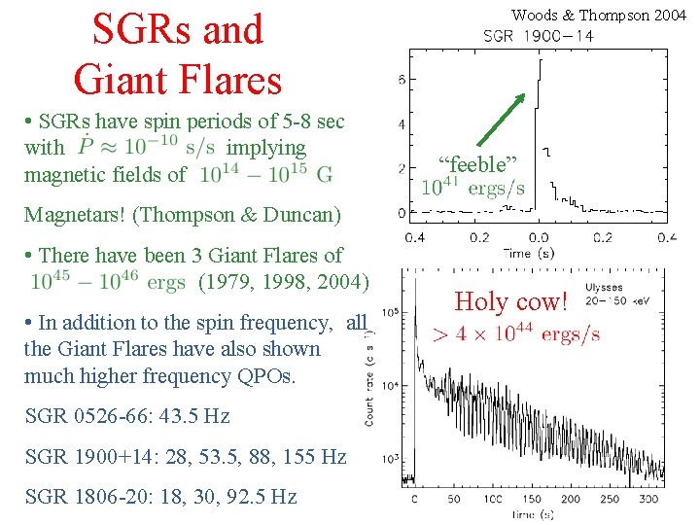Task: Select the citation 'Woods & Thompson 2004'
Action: coord(598,14)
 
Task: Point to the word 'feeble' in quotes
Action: coord(477,162)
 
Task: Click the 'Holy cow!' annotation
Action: coord(510,302)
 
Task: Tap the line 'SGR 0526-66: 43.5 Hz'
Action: coord(126,416)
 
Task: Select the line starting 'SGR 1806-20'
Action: coord(159,496)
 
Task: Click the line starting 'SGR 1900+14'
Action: coord(185,456)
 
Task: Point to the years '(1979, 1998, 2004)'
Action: coord(283,282)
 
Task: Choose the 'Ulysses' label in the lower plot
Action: coord(604,288)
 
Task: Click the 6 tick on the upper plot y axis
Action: coord(402,80)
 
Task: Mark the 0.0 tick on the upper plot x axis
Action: coord(538,237)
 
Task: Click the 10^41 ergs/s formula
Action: coord(472,187)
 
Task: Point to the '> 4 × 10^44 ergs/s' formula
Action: coord(515,334)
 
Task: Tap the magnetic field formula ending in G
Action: coord(265,175)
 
